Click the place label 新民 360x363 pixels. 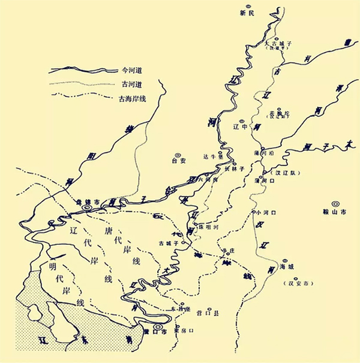coord(247,12)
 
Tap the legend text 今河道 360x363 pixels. coord(133,70)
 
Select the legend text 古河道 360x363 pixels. coord(133,85)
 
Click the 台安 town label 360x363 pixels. coord(179,161)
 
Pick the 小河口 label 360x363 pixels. coord(265,213)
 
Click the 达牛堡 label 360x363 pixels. coord(211,155)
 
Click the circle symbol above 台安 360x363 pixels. coord(179,153)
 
